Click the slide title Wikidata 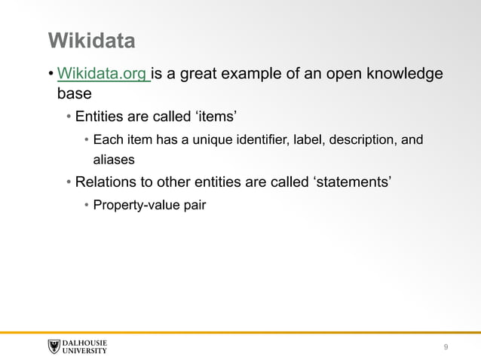point(91,40)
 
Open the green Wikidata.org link point(103,74)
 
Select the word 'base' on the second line point(74,95)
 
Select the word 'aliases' point(114,160)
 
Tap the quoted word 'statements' point(351,182)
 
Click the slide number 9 point(446,346)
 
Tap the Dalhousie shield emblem point(54,346)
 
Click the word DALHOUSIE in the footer point(84,343)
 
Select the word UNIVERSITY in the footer point(84,351)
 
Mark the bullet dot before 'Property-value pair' point(86,205)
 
